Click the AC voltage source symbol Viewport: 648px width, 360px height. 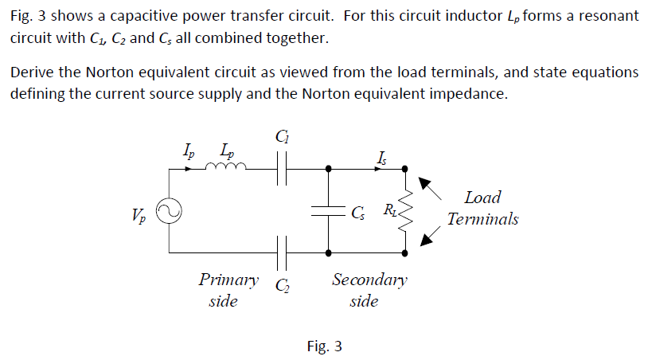[x=169, y=212]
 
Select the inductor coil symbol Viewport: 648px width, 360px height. [x=227, y=167]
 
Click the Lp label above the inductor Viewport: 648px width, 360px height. [x=228, y=150]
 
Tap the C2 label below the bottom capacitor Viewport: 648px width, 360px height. [x=282, y=285]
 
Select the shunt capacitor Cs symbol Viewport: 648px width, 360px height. [x=329, y=211]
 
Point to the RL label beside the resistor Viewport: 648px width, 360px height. [x=389, y=210]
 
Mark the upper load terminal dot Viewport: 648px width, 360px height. [x=406, y=168]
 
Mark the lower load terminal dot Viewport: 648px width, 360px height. [x=406, y=254]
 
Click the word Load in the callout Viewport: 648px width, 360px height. [x=482, y=198]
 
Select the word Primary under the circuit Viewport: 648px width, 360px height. [x=228, y=280]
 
